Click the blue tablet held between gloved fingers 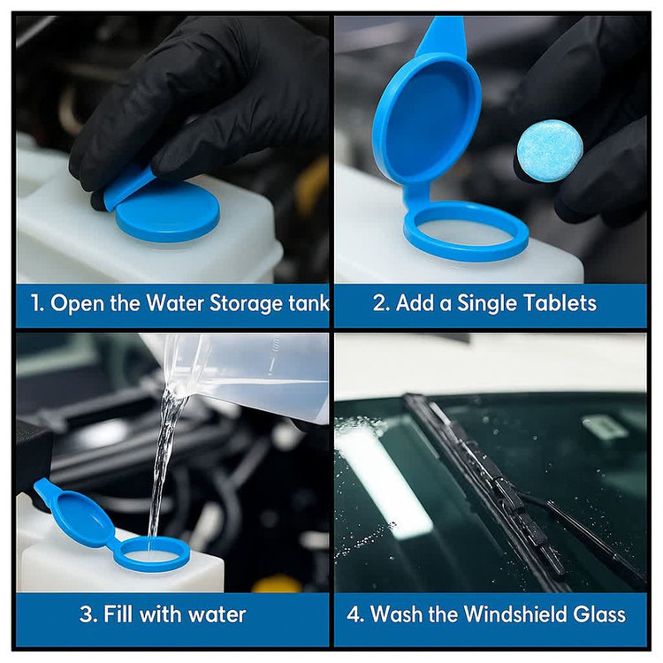pos(550,151)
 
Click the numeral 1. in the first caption pos(38,303)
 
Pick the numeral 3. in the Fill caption pos(88,614)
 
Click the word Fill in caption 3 pos(118,614)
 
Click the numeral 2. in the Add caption pos(381,303)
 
